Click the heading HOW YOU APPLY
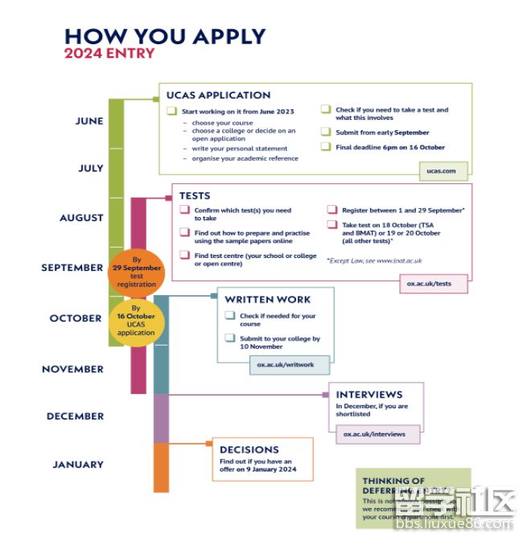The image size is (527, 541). click(164, 36)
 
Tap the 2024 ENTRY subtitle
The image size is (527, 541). click(109, 54)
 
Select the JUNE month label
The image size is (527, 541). click(89, 121)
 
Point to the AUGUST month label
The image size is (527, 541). click(81, 218)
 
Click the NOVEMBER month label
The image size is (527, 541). click(72, 369)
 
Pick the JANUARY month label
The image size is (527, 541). click(78, 464)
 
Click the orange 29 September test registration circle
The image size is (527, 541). click(136, 273)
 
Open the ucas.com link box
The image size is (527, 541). click(443, 170)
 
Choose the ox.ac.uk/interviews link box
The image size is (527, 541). click(374, 434)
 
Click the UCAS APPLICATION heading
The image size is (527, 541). click(218, 95)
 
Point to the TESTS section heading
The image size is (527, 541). click(195, 195)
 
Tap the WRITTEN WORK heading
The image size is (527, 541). click(267, 300)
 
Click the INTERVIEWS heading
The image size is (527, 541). click(369, 395)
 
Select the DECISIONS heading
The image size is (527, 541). click(249, 449)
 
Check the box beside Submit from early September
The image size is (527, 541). click(327, 132)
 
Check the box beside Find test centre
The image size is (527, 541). click(185, 256)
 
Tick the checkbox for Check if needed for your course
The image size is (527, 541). click(230, 316)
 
